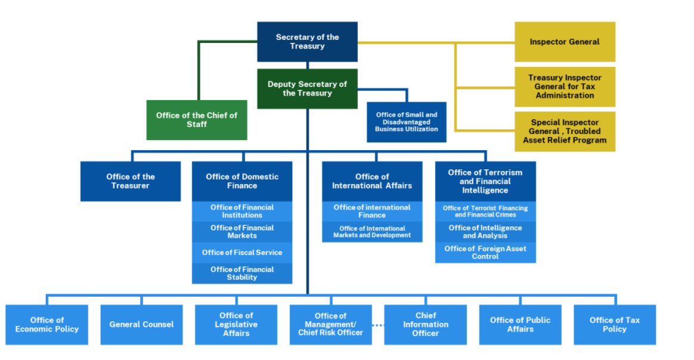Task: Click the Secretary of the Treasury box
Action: click(307, 42)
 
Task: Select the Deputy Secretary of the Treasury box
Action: click(307, 88)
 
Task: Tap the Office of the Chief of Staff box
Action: click(197, 120)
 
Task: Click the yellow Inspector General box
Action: click(565, 42)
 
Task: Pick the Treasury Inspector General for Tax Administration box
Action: click(565, 86)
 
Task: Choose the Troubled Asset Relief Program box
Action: click(565, 131)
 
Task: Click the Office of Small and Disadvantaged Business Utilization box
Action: click(406, 122)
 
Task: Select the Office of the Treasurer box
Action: click(131, 181)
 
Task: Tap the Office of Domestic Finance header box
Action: click(242, 181)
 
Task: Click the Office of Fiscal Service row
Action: click(242, 253)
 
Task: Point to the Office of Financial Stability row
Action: click(242, 274)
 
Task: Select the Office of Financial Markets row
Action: click(242, 232)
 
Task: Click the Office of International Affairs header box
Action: click(372, 181)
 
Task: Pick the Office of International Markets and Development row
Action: click(372, 232)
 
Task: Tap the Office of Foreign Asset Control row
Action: click(485, 253)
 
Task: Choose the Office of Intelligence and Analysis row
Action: click(485, 232)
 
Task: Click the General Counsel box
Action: click(142, 325)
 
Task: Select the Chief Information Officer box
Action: click(425, 325)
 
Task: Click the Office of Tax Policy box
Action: click(615, 325)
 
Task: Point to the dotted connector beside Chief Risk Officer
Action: click(378, 325)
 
